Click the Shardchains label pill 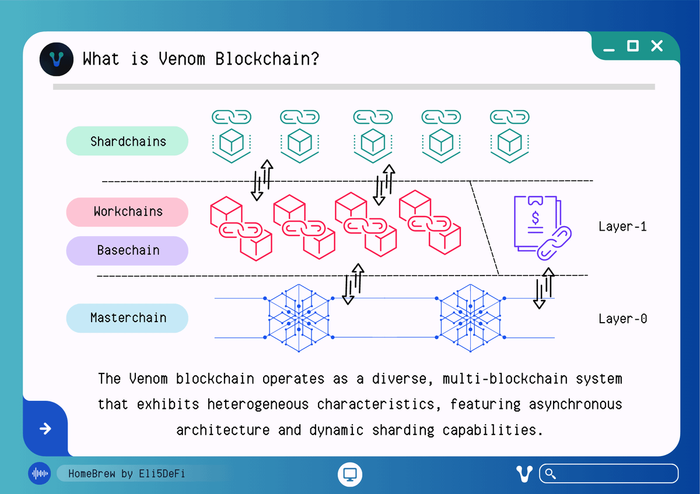(127, 142)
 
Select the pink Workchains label (127, 211)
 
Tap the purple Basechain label (127, 250)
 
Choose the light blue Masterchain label (127, 318)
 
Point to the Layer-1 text (622, 227)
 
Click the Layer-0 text (622, 319)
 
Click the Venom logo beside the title (56, 59)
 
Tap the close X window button (657, 46)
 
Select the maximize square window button (633, 46)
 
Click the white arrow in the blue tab (45, 429)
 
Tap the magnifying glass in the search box (549, 473)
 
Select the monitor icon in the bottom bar (350, 474)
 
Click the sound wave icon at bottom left (40, 474)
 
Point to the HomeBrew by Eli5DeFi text (126, 474)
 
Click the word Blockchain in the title (267, 59)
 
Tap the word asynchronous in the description (575, 404)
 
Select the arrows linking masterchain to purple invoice (543, 288)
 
